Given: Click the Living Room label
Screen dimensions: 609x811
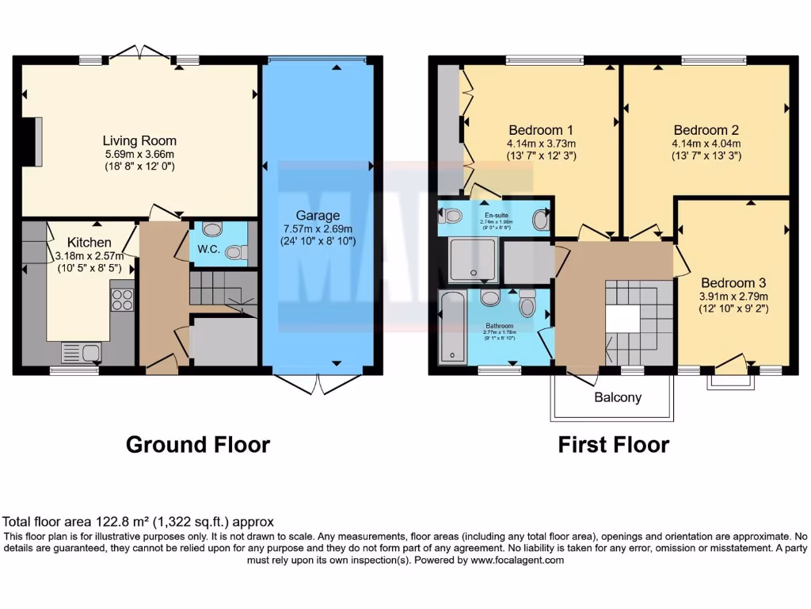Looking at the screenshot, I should click(x=139, y=141).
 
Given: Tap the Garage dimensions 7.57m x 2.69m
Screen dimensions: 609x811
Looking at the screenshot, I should click(x=318, y=228).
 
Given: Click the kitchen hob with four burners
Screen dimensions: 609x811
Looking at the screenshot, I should click(x=122, y=300).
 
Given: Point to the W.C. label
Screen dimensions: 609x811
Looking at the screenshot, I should click(x=208, y=249).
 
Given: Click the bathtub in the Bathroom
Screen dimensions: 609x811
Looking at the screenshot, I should click(x=452, y=327).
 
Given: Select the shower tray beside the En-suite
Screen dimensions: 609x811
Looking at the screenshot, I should click(x=474, y=261).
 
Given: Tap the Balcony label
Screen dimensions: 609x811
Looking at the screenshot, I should click(x=619, y=397).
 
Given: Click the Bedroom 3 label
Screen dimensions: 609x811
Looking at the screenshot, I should click(x=733, y=282).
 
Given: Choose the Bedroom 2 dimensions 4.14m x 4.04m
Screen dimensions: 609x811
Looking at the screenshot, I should click(x=706, y=144).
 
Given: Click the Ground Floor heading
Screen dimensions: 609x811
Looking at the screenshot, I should click(x=198, y=445).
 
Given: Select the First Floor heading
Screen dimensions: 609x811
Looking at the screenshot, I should click(x=613, y=445).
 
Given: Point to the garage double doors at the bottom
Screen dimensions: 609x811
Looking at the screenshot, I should click(x=318, y=384).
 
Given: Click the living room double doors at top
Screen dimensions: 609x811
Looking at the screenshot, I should click(x=139, y=52).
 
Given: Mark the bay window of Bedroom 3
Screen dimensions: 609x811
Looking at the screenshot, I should click(x=730, y=379).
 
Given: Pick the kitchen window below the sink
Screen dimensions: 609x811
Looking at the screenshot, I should click(x=74, y=370).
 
